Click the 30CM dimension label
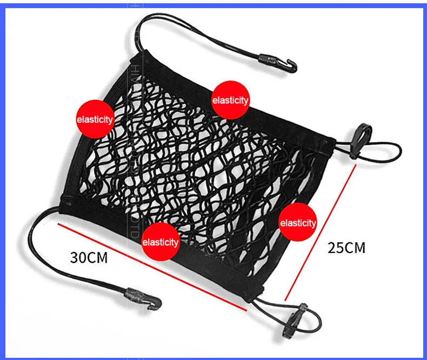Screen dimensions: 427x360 pyautogui.click(x=89, y=257)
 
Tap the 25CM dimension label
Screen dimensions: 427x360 pyautogui.click(x=346, y=248)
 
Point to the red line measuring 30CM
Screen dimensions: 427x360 pyautogui.click(x=151, y=266)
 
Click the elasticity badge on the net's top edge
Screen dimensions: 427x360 pyautogui.click(x=230, y=100)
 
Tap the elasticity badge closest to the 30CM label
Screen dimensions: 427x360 pyautogui.click(x=160, y=242)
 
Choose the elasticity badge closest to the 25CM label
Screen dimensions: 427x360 pyautogui.click(x=298, y=223)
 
